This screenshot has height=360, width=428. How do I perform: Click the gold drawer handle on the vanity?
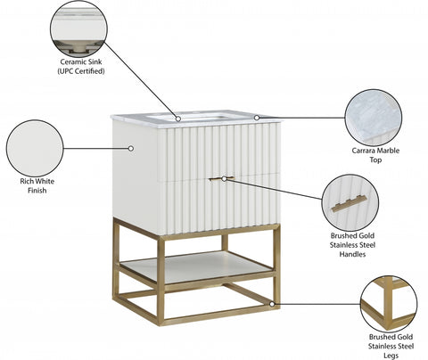coord(221,178)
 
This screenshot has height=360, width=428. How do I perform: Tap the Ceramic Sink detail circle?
coord(78,29)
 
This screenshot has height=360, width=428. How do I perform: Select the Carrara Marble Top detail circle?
coord(374,118)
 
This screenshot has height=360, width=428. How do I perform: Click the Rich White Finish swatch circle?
coord(35,148)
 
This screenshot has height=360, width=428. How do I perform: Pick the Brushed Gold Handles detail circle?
coord(350,203)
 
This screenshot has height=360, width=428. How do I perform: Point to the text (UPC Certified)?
coord(81,71)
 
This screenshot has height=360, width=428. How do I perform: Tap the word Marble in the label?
coord(389,151)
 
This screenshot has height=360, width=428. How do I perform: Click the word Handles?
coord(352,254)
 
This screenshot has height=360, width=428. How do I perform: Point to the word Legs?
coord(391,356)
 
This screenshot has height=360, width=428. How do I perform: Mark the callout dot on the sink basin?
coord(178,119)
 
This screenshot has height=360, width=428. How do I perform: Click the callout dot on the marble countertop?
coord(257,118)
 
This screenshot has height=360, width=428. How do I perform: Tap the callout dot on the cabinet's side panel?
coord(131,148)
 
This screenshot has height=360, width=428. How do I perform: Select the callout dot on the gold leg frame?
coord(272,304)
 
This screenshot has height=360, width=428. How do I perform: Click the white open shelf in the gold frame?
coord(196,266)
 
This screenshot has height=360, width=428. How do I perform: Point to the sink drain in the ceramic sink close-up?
coord(78,48)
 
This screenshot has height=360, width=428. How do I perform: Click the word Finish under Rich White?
coord(37,191)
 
